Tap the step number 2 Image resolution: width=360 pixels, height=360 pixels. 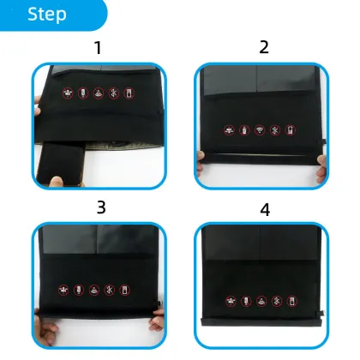[x=262, y=48]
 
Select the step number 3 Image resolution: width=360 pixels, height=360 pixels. [x=100, y=207]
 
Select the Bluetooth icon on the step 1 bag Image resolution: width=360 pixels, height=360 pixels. [x=112, y=92]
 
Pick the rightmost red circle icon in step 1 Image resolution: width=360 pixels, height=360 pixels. [x=128, y=92]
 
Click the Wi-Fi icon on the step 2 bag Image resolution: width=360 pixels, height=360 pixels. [x=260, y=131]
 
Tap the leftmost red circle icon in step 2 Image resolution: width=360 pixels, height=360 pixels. [x=229, y=131]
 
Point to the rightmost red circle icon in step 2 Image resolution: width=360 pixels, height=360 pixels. [x=291, y=131]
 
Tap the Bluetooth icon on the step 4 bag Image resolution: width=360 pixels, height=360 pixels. [x=277, y=302]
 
